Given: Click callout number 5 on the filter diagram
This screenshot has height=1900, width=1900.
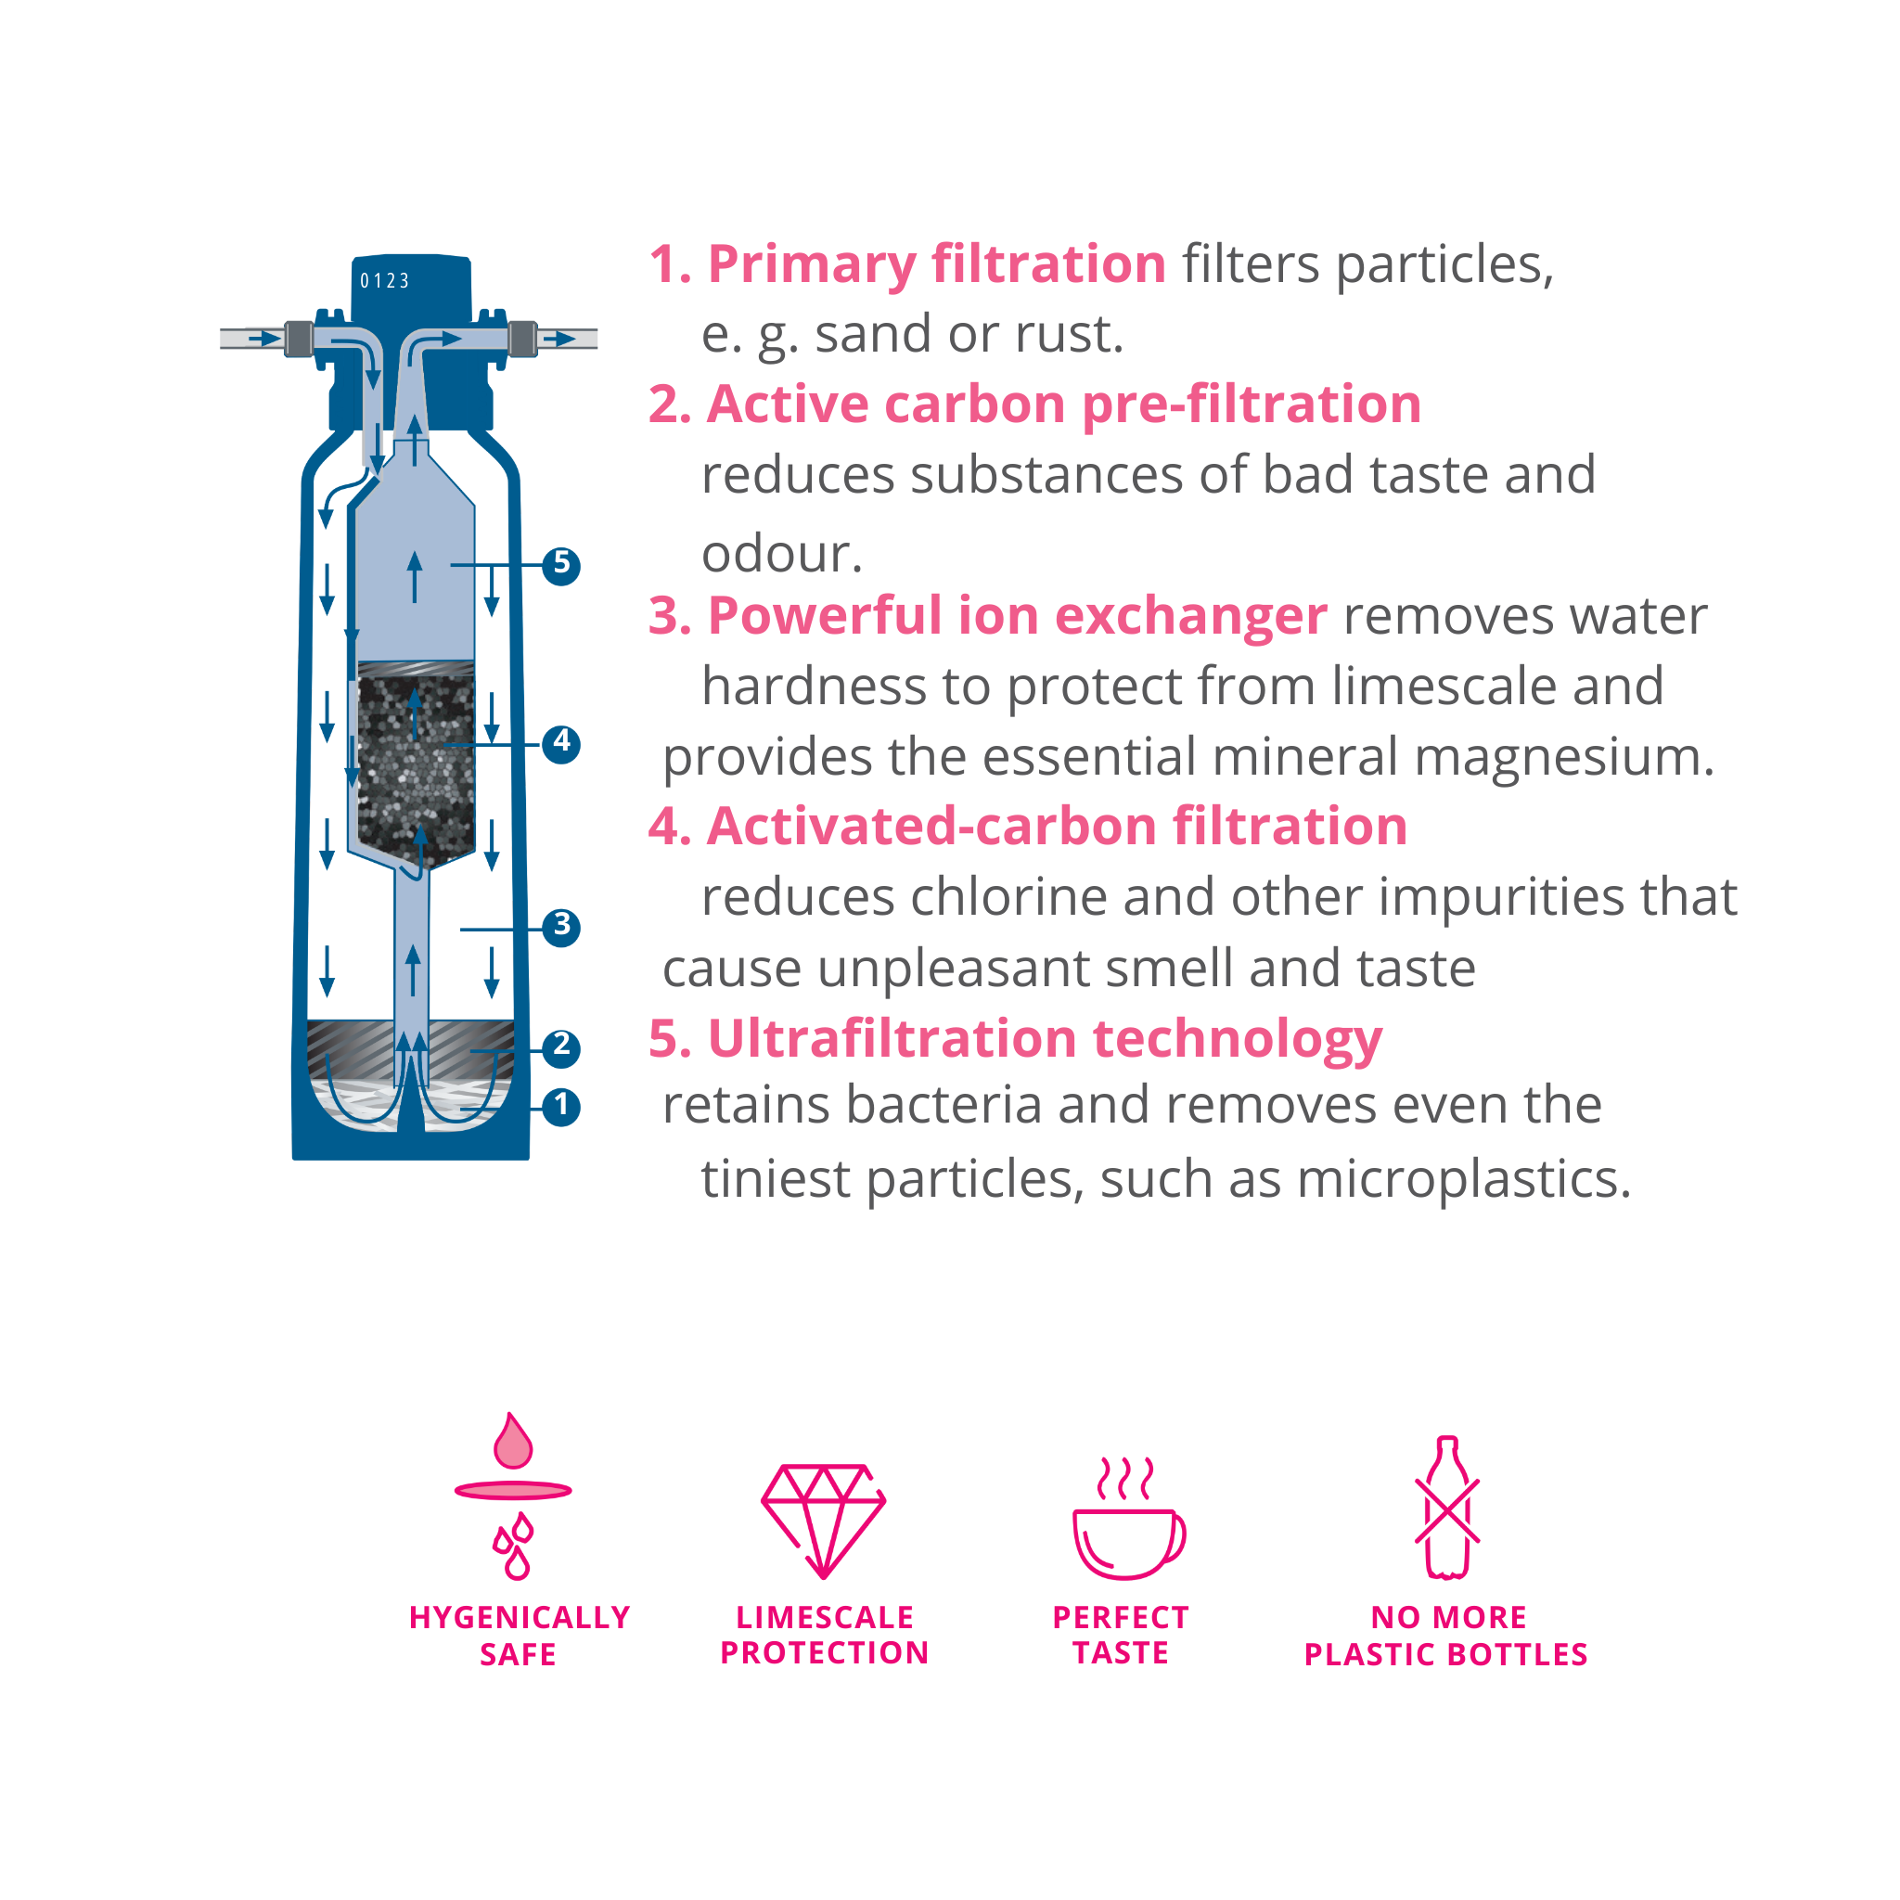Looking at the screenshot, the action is (561, 566).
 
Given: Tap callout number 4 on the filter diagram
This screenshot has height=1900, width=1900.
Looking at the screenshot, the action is (561, 743).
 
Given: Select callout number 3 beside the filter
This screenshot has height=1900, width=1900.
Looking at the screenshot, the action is (561, 928).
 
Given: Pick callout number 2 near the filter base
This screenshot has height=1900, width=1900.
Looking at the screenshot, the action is (561, 1047).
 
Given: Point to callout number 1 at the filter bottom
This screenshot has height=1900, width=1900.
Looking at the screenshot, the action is (561, 1107).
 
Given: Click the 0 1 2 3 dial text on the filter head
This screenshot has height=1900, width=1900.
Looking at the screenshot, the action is (384, 281).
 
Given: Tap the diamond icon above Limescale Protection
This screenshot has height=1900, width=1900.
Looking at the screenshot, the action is (824, 1520).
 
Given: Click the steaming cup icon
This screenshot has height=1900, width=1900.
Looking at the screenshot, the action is (1129, 1518).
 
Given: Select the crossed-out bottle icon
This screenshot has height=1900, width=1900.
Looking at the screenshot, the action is (1446, 1508).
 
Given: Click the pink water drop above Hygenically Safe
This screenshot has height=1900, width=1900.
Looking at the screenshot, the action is (513, 1442).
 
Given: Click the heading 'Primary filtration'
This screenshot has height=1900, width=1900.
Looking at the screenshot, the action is (937, 263).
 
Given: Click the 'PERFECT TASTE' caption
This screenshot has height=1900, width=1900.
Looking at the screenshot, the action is (1121, 1636).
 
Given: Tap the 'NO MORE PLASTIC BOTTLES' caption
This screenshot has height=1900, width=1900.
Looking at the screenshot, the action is (1446, 1637).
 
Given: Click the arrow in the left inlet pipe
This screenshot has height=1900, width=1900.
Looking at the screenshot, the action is (264, 339).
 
